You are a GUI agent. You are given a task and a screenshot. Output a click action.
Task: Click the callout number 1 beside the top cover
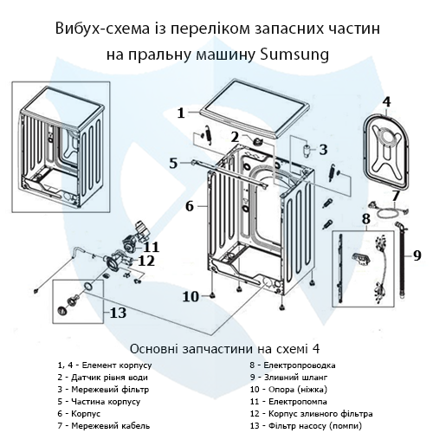click(x=181, y=113)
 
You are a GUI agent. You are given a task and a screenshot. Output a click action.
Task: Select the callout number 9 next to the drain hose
click(x=417, y=255)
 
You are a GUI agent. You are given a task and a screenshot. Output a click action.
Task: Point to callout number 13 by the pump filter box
click(x=118, y=312)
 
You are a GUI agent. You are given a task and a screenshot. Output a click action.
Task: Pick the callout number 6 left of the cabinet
click(x=189, y=206)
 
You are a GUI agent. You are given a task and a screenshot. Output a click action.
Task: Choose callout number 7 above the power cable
click(x=396, y=195)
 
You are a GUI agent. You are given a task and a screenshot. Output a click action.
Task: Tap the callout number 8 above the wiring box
click(x=366, y=218)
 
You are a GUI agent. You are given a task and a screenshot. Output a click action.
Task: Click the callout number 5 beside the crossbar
click(x=173, y=162)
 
